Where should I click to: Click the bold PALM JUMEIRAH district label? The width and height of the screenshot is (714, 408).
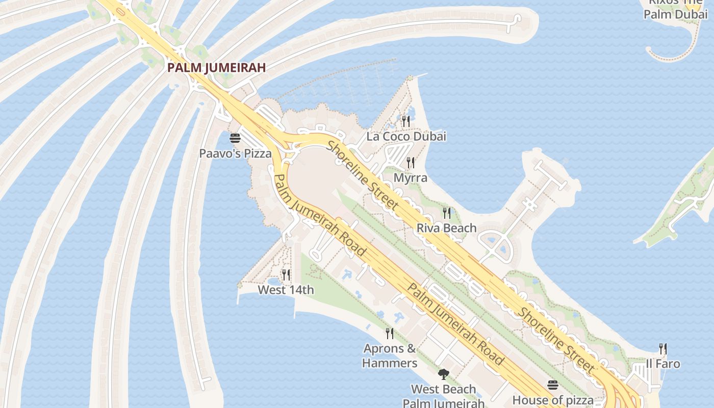(x=217, y=67)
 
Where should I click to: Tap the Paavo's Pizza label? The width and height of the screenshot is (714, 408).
(x=235, y=153)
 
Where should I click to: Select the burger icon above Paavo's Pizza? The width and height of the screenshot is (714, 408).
(x=235, y=138)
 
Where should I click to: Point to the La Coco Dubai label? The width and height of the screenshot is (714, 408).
(x=406, y=136)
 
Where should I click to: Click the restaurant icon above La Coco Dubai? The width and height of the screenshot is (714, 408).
(x=406, y=121)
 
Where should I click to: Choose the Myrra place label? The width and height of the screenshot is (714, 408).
(x=411, y=177)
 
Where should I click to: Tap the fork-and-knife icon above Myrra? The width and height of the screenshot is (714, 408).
(x=411, y=163)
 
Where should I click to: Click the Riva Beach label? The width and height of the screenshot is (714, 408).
(x=447, y=227)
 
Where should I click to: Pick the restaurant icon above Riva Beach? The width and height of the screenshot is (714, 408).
(x=447, y=213)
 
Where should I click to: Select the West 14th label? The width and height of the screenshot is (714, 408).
(x=286, y=290)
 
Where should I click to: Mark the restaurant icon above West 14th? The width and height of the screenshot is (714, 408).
(x=286, y=275)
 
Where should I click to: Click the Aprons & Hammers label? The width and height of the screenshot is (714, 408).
(x=390, y=356)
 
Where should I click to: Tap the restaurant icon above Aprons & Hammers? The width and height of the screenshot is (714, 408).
(x=390, y=334)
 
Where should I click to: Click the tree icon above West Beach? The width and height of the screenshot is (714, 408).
(x=444, y=374)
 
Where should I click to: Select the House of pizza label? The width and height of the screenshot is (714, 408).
(x=553, y=399)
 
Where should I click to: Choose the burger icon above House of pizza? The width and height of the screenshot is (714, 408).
(x=553, y=385)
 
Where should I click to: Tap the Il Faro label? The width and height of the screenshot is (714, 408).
(x=663, y=364)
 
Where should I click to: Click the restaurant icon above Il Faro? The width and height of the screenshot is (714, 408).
(x=663, y=349)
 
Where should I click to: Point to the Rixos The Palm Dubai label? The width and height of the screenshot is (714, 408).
(x=675, y=9)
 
